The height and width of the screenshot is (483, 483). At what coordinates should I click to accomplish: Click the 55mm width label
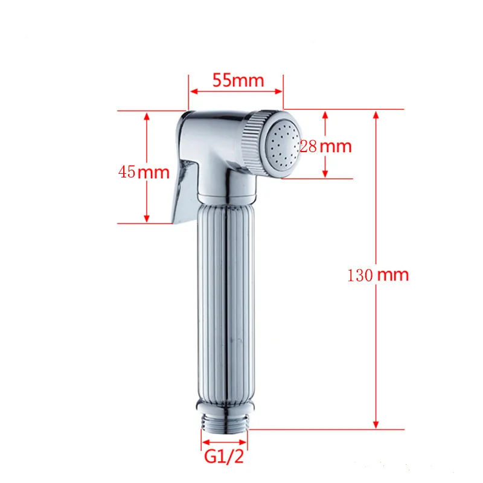pyautogui.click(x=238, y=80)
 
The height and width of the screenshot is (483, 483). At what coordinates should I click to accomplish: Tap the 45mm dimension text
pyautogui.click(x=144, y=172)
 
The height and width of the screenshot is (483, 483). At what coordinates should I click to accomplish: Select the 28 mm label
pyautogui.click(x=325, y=146)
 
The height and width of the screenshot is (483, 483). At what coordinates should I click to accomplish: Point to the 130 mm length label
pyautogui.click(x=378, y=275)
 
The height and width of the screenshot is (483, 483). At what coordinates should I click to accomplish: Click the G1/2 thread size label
pyautogui.click(x=224, y=456)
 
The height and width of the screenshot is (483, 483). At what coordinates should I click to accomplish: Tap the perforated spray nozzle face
pyautogui.click(x=283, y=144)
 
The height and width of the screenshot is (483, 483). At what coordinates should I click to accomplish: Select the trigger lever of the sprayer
pyautogui.click(x=184, y=191)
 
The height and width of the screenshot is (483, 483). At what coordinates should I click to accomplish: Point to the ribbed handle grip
pyautogui.click(x=226, y=302)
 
